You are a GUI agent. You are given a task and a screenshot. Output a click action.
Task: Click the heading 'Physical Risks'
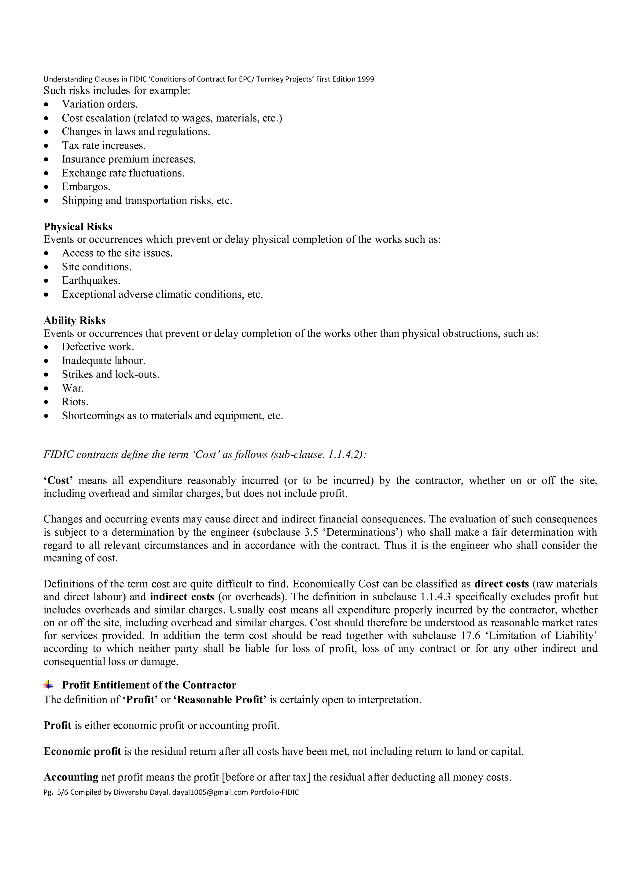click(78, 226)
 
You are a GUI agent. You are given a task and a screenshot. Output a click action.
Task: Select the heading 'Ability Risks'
click(75, 320)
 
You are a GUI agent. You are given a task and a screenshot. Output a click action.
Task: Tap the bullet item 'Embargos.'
click(86, 187)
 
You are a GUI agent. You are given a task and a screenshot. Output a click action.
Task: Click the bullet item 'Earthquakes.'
click(91, 280)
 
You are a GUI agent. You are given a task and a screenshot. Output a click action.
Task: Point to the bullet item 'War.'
click(73, 388)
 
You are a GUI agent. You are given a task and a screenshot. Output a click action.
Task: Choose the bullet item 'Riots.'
click(75, 402)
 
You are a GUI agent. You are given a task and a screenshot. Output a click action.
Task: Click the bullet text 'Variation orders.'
click(100, 104)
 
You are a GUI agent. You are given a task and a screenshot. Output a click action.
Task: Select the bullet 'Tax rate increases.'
click(104, 145)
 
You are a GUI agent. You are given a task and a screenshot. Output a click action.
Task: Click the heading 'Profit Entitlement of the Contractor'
click(149, 685)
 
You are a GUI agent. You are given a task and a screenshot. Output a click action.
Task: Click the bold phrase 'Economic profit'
click(82, 751)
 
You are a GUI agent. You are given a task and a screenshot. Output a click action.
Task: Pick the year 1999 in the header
click(366, 79)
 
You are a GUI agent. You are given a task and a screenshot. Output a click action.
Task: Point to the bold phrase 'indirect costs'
click(182, 597)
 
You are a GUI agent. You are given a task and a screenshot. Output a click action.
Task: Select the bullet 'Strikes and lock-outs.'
click(111, 374)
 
